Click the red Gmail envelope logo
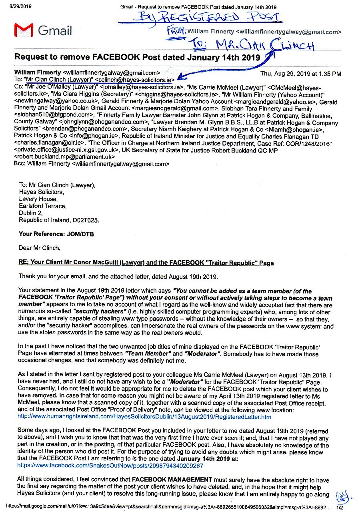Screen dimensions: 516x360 click(x=23, y=30)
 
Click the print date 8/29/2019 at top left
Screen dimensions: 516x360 click(x=15, y=7)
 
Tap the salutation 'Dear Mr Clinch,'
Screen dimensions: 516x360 click(x=40, y=248)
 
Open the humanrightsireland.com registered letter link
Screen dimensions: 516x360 click(x=144, y=417)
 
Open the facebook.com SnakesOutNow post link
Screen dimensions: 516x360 click(x=110, y=466)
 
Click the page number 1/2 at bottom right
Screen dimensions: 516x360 click(x=340, y=507)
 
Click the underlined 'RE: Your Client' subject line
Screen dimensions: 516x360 click(x=146, y=263)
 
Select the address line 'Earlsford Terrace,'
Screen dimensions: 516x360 click(x=43, y=206)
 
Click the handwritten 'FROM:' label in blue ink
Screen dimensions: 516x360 click(x=178, y=31)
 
